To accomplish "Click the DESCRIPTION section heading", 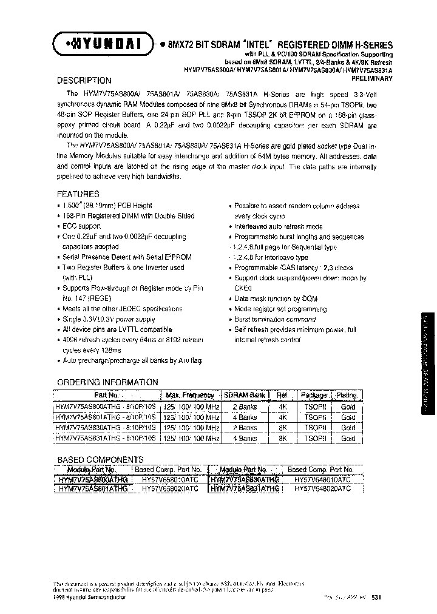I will tap(84, 81).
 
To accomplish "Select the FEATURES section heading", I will tap(78, 194).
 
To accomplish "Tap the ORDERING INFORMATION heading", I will tap(107, 382).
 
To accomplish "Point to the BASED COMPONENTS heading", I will tap(100, 460).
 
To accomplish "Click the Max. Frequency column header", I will tap(189, 396).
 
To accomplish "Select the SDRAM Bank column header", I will tap(244, 396).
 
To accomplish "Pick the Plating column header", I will tap(348, 396).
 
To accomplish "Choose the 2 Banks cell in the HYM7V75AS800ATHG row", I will tap(245, 407).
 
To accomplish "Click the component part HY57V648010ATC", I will tap(322, 479).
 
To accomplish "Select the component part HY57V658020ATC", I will tap(169, 488).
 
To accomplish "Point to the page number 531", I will tap(376, 597).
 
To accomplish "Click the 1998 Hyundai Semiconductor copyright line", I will tap(90, 597).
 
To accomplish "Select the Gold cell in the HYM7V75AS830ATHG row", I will tap(348, 428).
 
